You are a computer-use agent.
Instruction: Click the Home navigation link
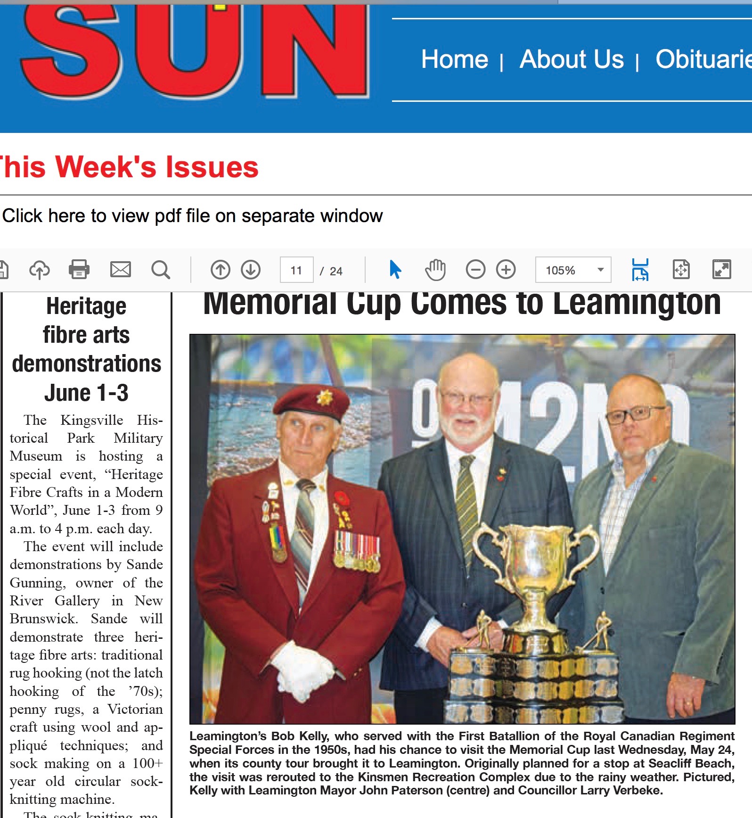coord(454,59)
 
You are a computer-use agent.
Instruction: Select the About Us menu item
coord(571,59)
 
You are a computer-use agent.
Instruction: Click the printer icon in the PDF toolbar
coord(79,270)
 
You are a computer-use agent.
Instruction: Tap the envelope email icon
coord(120,270)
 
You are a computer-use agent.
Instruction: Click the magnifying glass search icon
coord(160,270)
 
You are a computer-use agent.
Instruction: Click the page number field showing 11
coord(296,270)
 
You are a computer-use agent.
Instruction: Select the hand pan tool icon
coord(435,270)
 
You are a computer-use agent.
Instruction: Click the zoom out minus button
coord(475,270)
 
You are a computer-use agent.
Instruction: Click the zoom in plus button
coord(506,270)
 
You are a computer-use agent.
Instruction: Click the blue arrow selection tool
coord(395,270)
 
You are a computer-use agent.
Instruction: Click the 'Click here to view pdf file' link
coord(192,216)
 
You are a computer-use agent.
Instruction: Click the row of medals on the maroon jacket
coord(357,549)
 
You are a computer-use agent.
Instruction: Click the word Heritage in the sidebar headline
coord(86,306)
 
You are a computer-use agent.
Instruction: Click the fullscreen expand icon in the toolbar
coord(721,270)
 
